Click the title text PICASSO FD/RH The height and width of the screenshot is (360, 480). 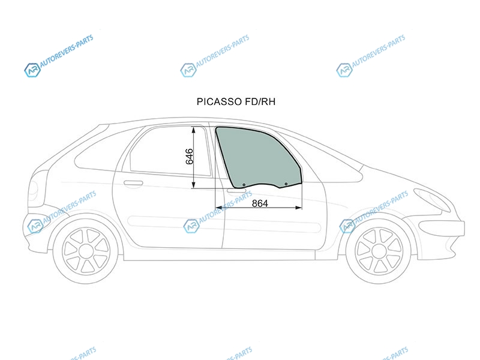(236, 101)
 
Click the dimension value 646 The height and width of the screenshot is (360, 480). (190, 157)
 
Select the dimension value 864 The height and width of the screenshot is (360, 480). (260, 203)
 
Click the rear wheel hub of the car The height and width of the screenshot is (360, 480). (86, 251)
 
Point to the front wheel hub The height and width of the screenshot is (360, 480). (379, 251)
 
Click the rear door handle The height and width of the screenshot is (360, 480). (133, 184)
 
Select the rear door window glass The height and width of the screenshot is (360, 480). (170, 151)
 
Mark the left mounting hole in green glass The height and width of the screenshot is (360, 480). (244, 185)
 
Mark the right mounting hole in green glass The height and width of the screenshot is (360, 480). (286, 184)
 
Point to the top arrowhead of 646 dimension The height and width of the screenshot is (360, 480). (193, 130)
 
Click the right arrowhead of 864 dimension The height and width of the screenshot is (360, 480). (298, 208)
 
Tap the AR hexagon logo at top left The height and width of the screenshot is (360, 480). (32, 70)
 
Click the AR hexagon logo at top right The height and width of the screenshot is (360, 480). (344, 70)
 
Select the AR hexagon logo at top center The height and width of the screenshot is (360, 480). (188, 70)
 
